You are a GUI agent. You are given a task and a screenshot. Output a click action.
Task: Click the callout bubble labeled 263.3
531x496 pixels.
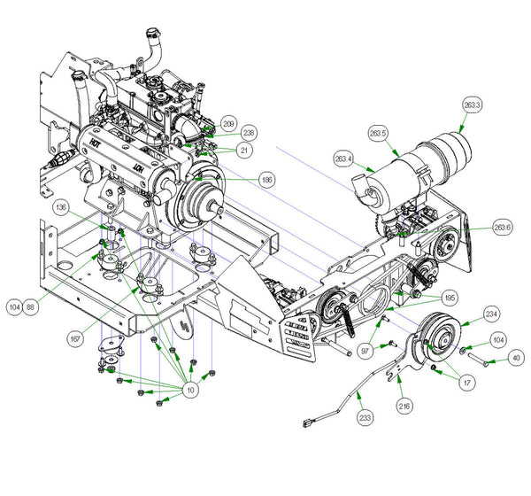tap(472, 105)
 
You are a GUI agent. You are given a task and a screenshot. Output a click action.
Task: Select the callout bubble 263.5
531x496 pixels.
tap(379, 134)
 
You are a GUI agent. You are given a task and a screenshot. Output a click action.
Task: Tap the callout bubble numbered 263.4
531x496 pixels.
tap(344, 159)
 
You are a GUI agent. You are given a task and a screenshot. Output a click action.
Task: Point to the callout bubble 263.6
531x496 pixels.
tap(504, 228)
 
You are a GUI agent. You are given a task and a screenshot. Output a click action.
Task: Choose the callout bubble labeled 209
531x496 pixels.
tap(228, 124)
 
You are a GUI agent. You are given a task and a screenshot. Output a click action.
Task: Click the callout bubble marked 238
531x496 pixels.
tap(250, 133)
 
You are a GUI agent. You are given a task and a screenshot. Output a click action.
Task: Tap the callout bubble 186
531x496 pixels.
tap(266, 180)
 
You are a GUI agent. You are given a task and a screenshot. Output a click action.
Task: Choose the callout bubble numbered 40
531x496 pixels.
tap(515, 358)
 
